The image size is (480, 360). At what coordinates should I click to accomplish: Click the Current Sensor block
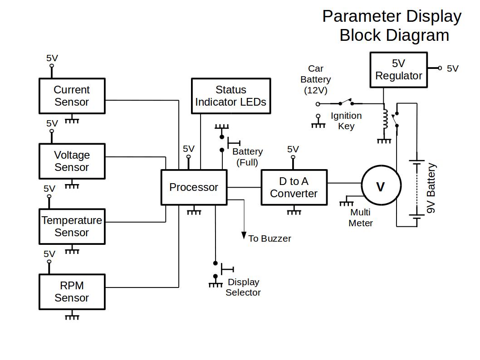[72, 96]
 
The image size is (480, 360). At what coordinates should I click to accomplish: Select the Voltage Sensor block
[72, 161]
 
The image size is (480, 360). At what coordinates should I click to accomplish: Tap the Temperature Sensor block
[72, 226]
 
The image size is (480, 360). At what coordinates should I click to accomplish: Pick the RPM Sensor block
[72, 292]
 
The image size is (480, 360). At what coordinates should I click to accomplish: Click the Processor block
[194, 187]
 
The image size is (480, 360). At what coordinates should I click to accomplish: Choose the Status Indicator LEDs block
[230, 96]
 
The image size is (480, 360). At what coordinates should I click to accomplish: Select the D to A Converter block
[294, 187]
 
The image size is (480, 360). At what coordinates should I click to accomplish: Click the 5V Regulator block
[398, 70]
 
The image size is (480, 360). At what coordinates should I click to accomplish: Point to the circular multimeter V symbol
[381, 186]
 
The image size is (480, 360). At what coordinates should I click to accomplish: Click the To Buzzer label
[269, 238]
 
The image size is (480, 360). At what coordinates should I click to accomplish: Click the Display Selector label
[243, 287]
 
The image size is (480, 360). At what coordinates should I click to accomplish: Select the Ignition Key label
[346, 121]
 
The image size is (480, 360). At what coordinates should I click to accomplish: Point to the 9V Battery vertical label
[431, 189]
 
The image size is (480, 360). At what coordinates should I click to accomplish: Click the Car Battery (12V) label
[315, 79]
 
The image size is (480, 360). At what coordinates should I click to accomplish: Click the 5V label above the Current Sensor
[52, 58]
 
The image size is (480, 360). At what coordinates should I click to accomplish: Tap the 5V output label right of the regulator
[452, 68]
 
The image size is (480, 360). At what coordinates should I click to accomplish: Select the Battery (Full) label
[247, 156]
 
